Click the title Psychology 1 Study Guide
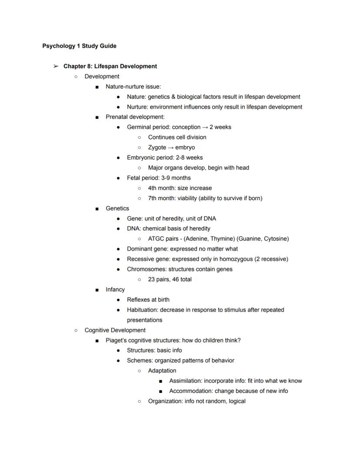pos(79,46)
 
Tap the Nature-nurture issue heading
pos(133,87)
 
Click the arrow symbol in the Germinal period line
pos(204,127)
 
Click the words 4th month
pos(161,188)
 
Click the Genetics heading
pos(117,208)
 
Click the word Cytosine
pos(276,239)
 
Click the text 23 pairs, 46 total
pos(170,279)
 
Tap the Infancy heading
pos(115,290)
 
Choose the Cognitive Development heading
pos(115,330)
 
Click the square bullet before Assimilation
pos(160,381)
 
